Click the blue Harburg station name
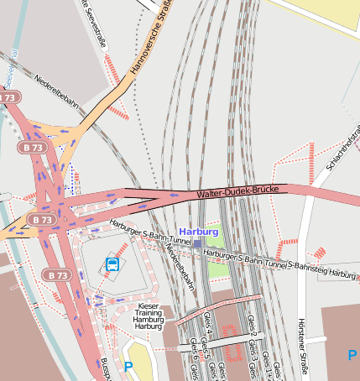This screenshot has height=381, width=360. coord(199,232)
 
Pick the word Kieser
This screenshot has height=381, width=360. coord(148,306)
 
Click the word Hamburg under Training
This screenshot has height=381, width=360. coord(148,320)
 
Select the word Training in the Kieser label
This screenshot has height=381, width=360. coord(148,313)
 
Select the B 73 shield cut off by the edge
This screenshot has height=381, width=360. coord(7,97)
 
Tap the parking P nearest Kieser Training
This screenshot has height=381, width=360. coord(128,367)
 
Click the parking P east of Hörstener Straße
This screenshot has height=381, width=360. coord(352,355)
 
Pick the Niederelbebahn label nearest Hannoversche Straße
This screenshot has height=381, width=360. coord(56,92)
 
